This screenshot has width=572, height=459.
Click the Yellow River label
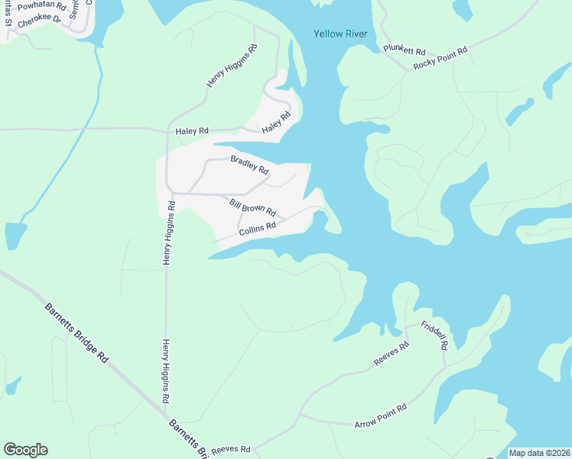[340, 34]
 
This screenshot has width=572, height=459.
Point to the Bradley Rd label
[249, 164]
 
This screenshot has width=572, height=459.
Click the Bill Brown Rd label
[252, 207]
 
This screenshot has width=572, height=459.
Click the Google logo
[25, 450]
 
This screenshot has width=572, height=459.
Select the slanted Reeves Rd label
[392, 353]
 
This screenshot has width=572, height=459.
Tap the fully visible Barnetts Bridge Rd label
[76, 334]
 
